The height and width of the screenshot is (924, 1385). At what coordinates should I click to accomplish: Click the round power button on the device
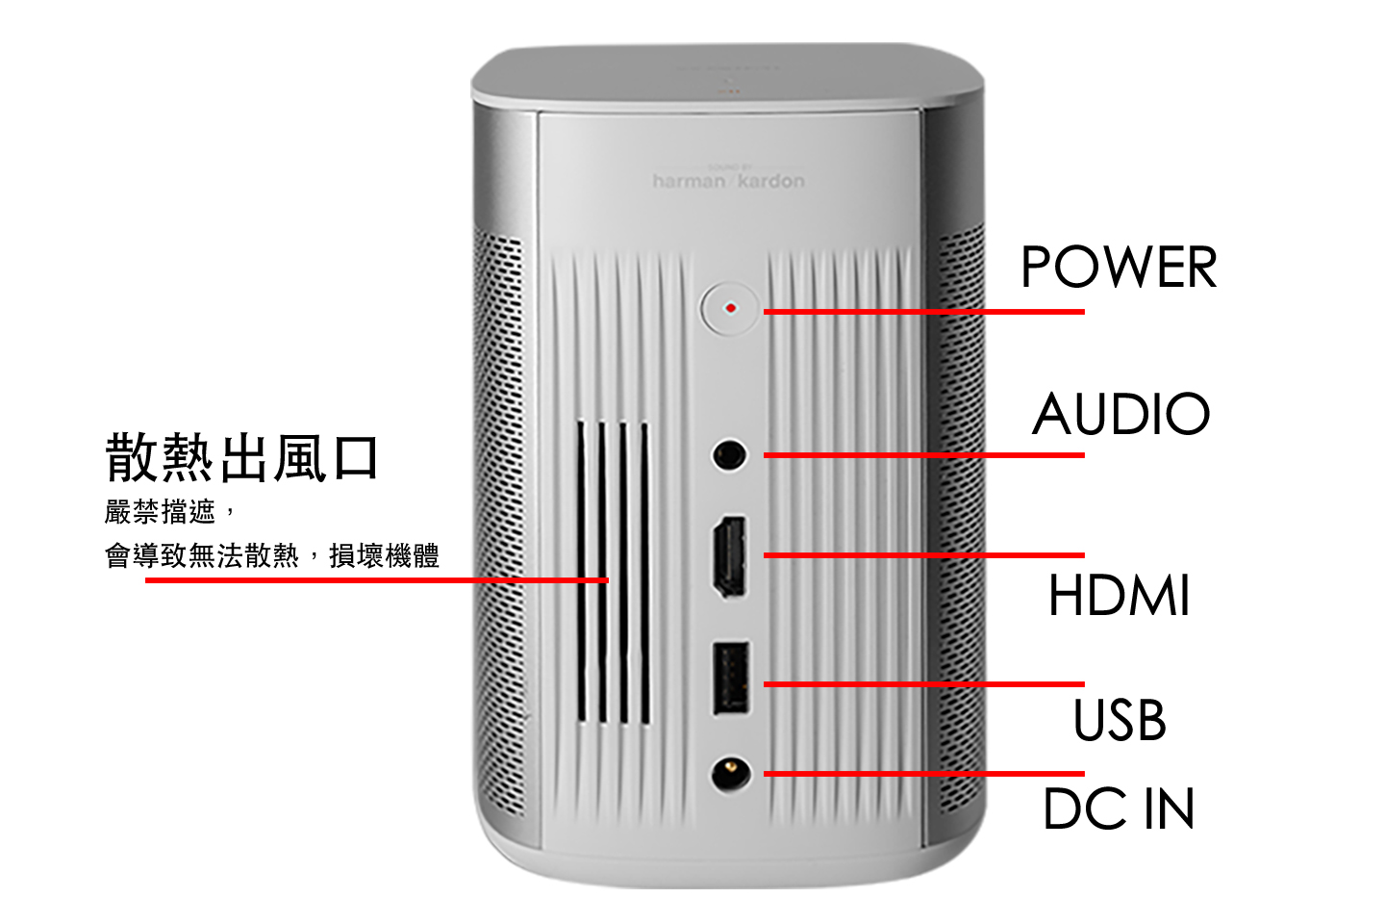[730, 309]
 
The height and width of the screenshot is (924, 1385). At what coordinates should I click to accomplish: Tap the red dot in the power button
[731, 308]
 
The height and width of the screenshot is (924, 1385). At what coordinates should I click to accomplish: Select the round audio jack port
[730, 455]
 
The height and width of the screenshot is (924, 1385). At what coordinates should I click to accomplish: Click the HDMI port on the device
[730, 556]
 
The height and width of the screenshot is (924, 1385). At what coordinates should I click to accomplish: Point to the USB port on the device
[731, 679]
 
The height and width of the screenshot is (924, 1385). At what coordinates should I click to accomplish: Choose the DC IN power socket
[731, 774]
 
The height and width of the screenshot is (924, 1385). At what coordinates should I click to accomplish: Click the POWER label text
[1119, 267]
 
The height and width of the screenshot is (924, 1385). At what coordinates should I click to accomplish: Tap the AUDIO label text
[1121, 414]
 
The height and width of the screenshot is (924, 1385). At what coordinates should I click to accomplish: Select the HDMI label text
[1120, 595]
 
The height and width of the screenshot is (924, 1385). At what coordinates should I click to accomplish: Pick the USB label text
[1120, 719]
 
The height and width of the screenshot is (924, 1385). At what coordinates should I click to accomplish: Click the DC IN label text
[1119, 808]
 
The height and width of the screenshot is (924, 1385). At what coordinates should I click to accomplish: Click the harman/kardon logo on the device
[729, 180]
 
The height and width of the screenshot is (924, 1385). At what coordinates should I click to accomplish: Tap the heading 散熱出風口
[241, 457]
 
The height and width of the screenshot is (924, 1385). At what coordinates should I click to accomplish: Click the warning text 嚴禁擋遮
[160, 512]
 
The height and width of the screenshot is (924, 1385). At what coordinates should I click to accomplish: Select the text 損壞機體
[384, 555]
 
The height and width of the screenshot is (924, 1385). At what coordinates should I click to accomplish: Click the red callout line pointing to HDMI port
[923, 555]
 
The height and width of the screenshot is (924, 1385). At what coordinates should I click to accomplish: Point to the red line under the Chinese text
[377, 579]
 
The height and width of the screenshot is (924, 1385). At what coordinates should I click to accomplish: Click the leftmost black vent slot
[582, 572]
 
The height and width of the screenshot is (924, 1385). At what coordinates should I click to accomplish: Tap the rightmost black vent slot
[644, 573]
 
